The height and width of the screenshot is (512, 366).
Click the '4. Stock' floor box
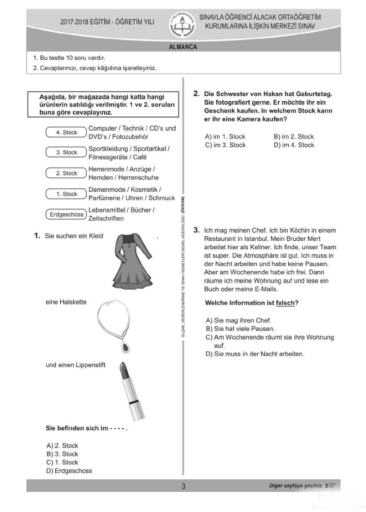[66, 132]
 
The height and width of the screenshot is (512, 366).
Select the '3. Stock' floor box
[66, 152]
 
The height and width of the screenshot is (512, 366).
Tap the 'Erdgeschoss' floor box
[66, 214]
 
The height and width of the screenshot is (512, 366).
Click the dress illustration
[133, 259]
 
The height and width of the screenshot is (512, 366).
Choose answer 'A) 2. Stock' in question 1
[63, 446]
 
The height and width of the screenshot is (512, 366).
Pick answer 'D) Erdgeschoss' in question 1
[69, 471]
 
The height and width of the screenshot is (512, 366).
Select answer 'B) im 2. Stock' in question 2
[293, 137]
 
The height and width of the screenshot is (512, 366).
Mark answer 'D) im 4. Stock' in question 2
[293, 145]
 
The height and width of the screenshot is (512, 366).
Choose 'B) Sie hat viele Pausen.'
[240, 329]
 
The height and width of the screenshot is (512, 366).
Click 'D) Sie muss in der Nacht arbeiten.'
[255, 354]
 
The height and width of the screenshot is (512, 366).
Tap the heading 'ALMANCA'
[183, 47]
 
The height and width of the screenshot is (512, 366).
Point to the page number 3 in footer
[183, 486]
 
